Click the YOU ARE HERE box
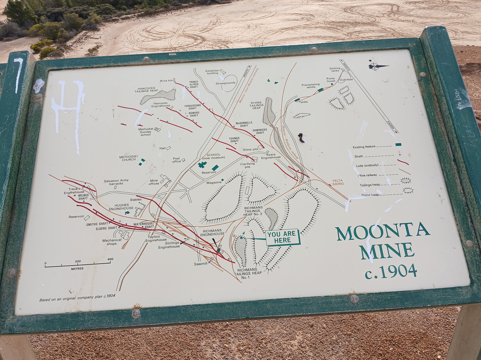tap(283, 237)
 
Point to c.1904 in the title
tap(391, 271)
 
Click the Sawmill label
tap(201, 264)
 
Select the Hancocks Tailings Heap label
tap(147, 89)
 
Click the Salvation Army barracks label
tap(116, 182)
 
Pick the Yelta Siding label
tap(338, 182)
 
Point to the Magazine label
tap(214, 182)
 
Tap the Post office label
tap(177, 160)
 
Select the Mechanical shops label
tap(112, 242)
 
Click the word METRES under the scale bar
tap(77, 269)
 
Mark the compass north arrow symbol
tap(378, 66)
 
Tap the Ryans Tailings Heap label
tap(257, 105)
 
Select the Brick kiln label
tap(167, 81)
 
